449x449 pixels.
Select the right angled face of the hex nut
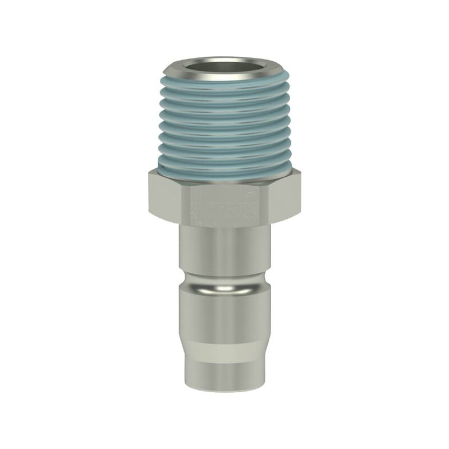point(281,196)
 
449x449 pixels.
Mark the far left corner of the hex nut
point(150,194)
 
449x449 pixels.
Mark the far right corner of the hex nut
point(300,194)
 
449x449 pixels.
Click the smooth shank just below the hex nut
point(224,247)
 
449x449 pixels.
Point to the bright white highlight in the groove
point(224,288)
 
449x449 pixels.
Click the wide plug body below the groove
point(224,317)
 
